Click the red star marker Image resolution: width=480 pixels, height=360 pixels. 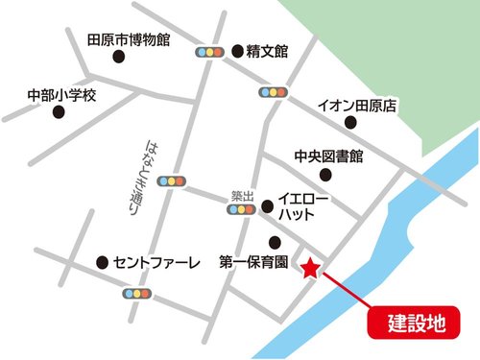pyautogui.click(x=310, y=269)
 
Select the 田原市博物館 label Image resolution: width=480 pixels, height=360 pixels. pyautogui.click(x=128, y=39)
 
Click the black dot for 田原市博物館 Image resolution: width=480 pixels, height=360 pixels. pyautogui.click(x=120, y=58)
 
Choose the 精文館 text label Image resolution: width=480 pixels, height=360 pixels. pyautogui.click(x=267, y=51)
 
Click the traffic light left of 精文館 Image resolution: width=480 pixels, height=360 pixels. pyautogui.click(x=208, y=52)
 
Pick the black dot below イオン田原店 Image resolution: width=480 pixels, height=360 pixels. pyautogui.click(x=351, y=123)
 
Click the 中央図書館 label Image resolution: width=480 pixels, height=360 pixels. pyautogui.click(x=328, y=156)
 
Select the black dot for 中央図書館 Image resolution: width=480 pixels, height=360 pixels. pyautogui.click(x=326, y=174)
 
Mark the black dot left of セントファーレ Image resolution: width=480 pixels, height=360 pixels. pyautogui.click(x=102, y=262)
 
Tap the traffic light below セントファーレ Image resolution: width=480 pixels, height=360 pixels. pyautogui.click(x=137, y=291)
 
